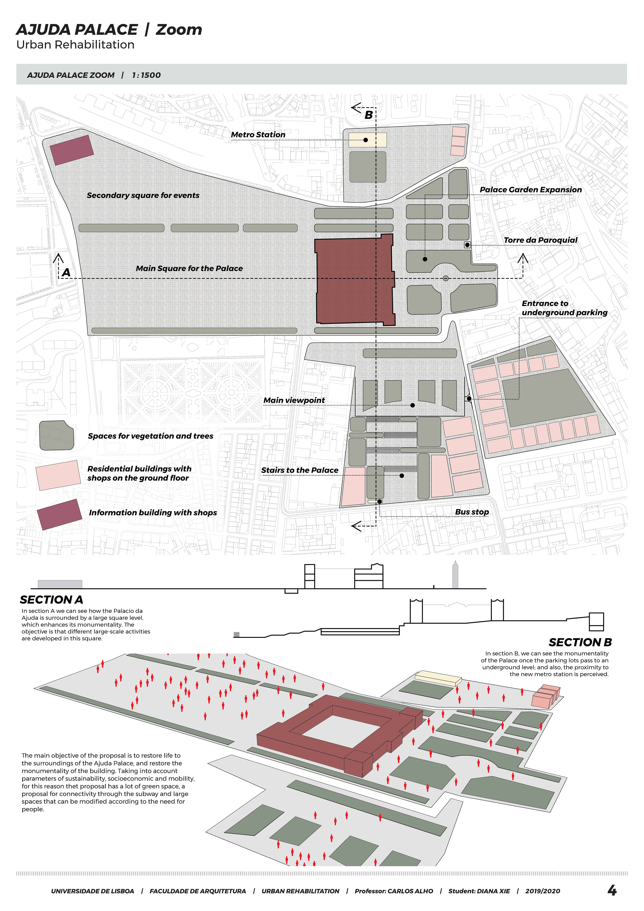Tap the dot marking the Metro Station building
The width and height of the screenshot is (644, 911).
[365, 140]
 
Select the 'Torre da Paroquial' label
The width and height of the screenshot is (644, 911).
[540, 240]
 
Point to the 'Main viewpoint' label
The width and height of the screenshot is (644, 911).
[294, 400]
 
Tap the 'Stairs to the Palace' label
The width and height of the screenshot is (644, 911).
[300, 470]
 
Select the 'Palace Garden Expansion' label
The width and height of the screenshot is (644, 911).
[530, 190]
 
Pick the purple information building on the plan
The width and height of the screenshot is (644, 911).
[71, 150]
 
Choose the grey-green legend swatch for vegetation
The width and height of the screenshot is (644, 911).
[57, 435]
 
